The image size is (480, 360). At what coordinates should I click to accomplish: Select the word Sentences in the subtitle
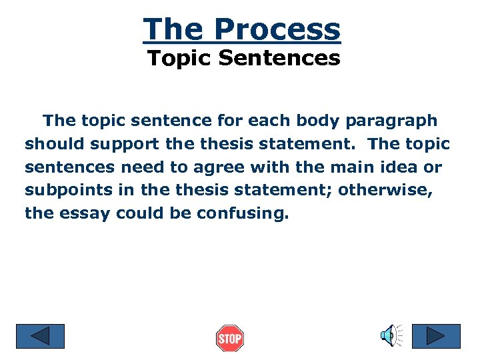coord(279,59)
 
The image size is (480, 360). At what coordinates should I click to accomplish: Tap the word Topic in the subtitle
coord(180,59)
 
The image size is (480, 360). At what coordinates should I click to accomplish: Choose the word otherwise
coord(385,190)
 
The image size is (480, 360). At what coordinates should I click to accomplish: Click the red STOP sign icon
coord(230,339)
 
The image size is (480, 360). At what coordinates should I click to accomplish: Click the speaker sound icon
coord(390,335)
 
